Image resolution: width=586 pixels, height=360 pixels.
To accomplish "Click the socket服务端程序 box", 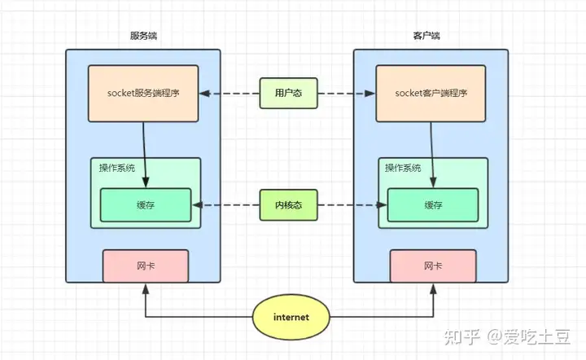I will (143, 94).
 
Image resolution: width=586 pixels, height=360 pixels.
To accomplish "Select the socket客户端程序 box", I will (430, 94).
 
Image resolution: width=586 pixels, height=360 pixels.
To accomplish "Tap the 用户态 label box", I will (287, 94).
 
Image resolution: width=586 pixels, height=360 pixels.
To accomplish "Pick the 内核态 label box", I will (287, 204).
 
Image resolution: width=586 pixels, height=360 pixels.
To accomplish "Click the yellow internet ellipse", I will (291, 315).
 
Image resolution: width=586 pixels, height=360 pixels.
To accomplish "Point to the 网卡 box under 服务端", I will (145, 266).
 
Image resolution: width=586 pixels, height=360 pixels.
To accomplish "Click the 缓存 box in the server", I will (145, 204).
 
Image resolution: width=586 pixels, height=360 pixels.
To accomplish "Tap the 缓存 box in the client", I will (433, 204).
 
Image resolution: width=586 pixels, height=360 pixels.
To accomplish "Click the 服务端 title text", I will (143, 37).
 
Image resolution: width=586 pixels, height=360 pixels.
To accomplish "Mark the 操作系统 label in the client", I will (404, 168).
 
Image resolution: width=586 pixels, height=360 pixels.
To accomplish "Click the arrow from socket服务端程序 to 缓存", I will (146, 155).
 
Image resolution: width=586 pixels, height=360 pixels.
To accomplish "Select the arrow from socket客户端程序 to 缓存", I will (432, 155).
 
